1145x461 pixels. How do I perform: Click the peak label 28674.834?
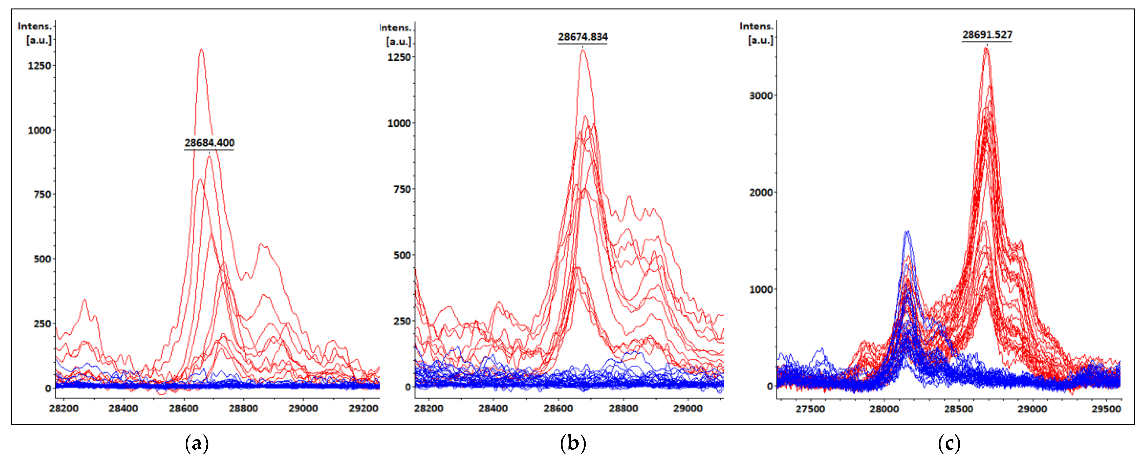(x=583, y=37)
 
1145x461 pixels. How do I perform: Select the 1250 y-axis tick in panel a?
(x=39, y=66)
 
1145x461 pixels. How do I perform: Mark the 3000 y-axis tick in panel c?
(x=761, y=96)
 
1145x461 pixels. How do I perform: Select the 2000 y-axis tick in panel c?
(x=761, y=193)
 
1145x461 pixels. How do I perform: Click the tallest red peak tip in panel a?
(x=201, y=49)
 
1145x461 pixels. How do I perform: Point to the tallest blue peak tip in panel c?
(x=907, y=231)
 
